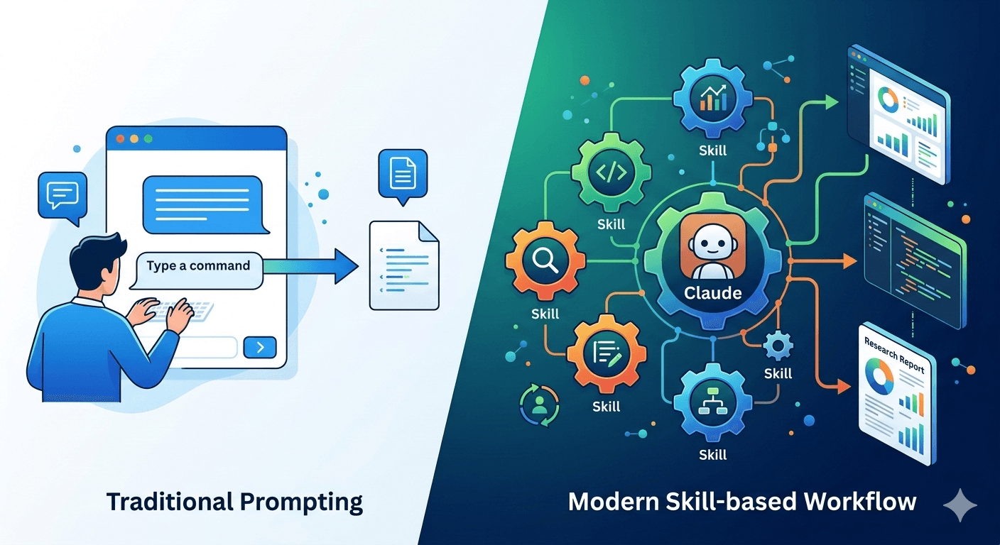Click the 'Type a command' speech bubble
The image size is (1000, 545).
[x=198, y=267]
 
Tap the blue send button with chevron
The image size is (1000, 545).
[x=261, y=347]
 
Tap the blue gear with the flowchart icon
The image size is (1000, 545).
[x=712, y=403]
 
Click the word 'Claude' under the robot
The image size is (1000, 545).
[x=712, y=292]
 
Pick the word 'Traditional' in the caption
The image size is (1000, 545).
[x=168, y=502]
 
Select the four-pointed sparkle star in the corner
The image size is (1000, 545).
[x=960, y=505]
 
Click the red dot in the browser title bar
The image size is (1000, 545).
[x=120, y=139]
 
